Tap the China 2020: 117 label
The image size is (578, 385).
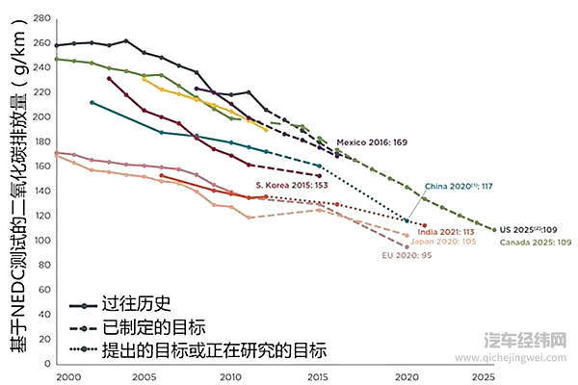click(x=459, y=186)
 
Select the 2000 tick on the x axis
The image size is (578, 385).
click(x=67, y=376)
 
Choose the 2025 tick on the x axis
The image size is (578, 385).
click(x=486, y=376)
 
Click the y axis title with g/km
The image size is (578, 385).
click(x=16, y=192)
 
